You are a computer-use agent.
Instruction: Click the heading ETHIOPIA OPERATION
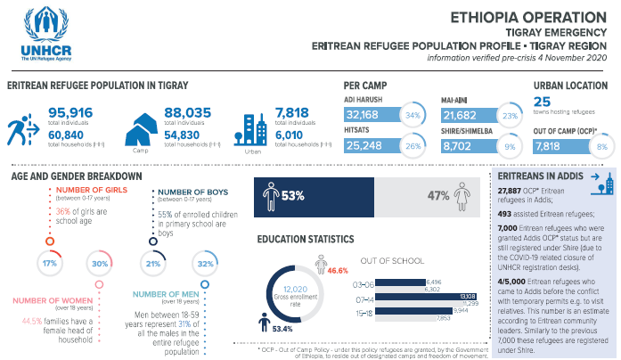coord(542,16)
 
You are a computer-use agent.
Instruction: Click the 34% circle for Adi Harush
coord(413,116)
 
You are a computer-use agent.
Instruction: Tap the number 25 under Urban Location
coord(543,103)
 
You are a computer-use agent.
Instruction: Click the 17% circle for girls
coord(50,265)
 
